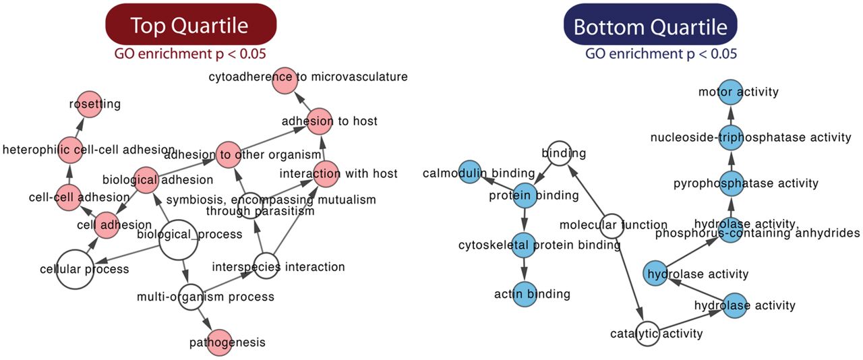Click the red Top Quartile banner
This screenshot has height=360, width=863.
(189, 26)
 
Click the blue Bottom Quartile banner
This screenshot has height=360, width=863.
(650, 26)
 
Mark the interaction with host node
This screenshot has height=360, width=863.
(327, 173)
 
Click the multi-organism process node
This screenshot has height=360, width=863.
(191, 297)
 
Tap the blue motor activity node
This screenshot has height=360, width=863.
(731, 92)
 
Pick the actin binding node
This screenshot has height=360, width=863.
(524, 294)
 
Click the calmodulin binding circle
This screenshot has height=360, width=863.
(470, 173)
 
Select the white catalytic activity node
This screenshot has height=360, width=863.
(647, 333)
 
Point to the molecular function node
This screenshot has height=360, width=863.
(610, 225)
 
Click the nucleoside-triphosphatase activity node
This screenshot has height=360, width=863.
(731, 137)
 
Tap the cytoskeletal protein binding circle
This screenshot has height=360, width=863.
(524, 245)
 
